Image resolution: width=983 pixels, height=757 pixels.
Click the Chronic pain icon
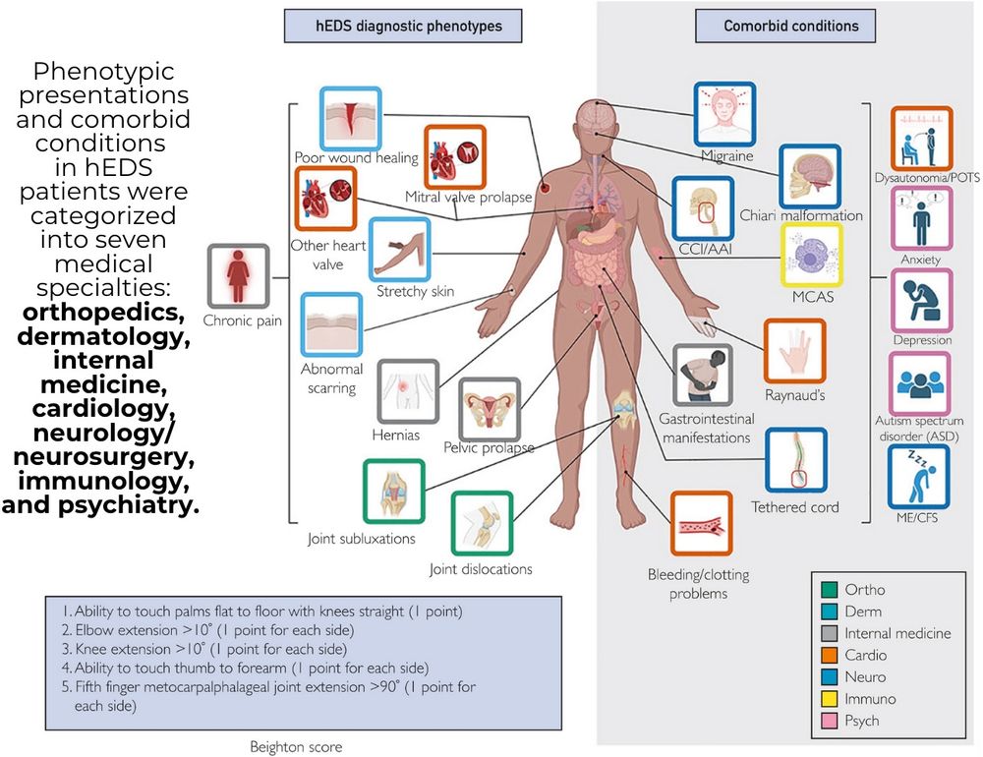point(238,275)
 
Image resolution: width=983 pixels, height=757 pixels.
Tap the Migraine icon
point(725,114)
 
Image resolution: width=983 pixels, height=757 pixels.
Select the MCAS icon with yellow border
point(811,255)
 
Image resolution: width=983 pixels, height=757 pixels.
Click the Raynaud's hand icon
point(795,350)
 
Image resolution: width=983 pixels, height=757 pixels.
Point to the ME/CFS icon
point(920,476)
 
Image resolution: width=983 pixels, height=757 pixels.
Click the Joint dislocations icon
point(482,524)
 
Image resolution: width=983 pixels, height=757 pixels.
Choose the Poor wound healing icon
point(350,118)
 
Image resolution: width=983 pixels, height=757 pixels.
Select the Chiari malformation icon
point(810,175)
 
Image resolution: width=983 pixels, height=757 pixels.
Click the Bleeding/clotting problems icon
point(701,523)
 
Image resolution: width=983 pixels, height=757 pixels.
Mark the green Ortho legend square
point(829,590)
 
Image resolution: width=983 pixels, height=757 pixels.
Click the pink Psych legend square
point(829,721)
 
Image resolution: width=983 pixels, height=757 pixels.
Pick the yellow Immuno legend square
point(829,699)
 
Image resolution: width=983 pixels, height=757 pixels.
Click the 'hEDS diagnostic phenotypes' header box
point(403,26)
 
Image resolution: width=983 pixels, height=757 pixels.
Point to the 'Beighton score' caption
point(297,747)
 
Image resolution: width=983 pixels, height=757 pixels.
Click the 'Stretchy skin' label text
point(414,292)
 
